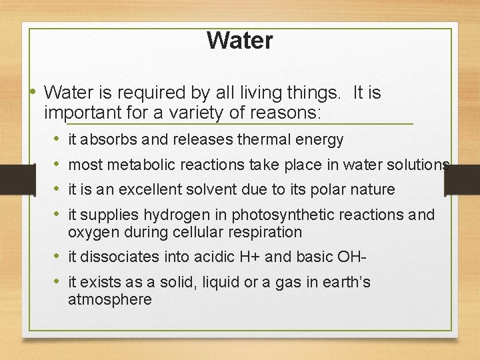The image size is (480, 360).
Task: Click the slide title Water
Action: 239,41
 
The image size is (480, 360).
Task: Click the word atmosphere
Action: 110,299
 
